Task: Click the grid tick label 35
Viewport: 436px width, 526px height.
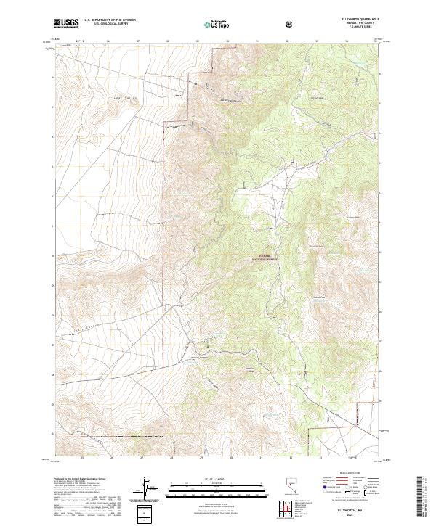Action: tap(376, 41)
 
